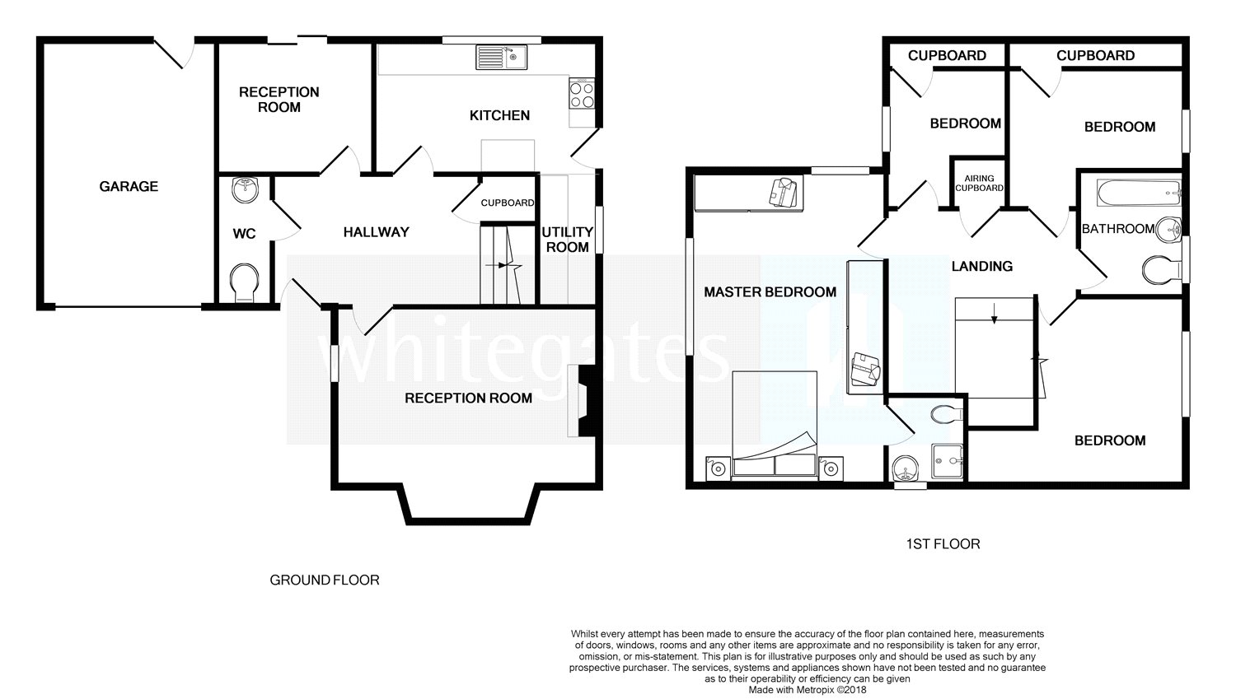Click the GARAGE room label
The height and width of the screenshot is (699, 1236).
coord(129,186)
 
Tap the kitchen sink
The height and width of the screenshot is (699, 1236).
coord(502,57)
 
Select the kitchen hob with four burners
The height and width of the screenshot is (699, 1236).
coord(582,95)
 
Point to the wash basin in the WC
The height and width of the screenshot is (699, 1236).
coord(245,189)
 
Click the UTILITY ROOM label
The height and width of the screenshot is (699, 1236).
coord(567,240)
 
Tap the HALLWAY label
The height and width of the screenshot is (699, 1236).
coord(377,232)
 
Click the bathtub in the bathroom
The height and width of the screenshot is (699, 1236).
coord(1139,193)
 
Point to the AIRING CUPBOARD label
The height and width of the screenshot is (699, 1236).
coord(980,183)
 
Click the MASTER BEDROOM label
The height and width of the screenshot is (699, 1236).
coord(770,292)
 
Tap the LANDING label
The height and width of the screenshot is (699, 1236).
coord(982,266)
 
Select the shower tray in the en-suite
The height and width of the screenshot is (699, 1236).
coord(948,461)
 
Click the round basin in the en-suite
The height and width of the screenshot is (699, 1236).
coord(906,468)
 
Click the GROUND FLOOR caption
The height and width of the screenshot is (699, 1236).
coord(325,580)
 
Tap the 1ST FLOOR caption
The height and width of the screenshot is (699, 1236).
coord(943,544)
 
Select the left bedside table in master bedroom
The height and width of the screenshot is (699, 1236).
coord(719,468)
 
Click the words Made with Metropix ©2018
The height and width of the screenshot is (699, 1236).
coord(808,690)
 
